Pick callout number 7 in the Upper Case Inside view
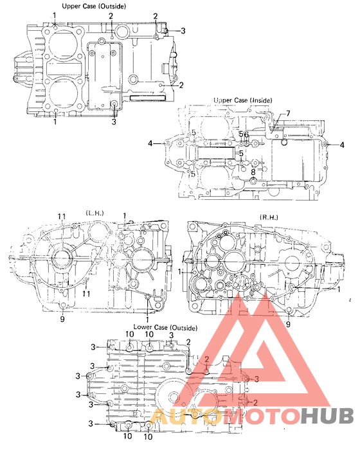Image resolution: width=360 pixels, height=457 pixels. (x=288, y=114)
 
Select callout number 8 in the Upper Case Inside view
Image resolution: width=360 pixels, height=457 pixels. (x=253, y=172)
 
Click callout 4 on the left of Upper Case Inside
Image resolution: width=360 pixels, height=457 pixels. (x=150, y=144)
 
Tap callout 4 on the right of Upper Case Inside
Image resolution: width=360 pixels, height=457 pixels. (x=343, y=144)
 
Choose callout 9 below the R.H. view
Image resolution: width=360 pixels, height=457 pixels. (x=288, y=325)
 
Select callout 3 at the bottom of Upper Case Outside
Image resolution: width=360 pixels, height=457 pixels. (x=114, y=121)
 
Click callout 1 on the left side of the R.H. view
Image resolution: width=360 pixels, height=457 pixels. (x=182, y=272)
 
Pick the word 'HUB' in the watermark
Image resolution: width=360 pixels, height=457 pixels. (x=328, y=417)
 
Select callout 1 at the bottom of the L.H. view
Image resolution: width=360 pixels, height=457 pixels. (x=147, y=319)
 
